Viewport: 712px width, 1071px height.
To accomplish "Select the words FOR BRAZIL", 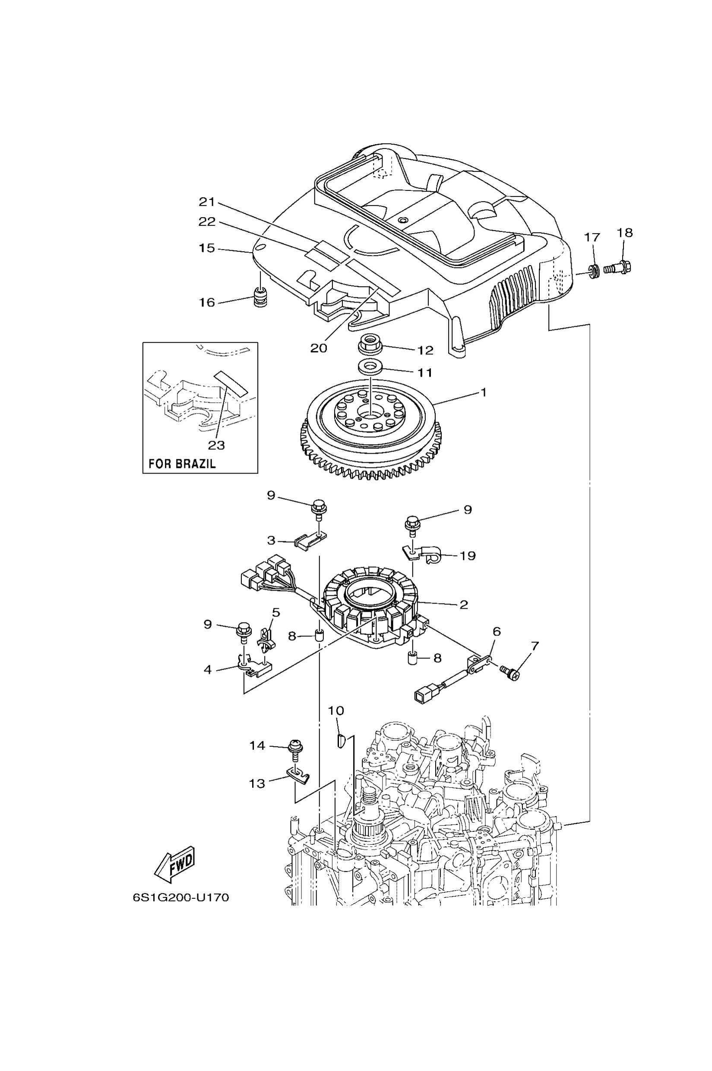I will point(182,464).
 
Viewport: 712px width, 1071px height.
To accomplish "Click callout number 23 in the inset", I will point(216,445).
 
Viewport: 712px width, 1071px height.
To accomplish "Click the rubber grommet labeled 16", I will point(260,298).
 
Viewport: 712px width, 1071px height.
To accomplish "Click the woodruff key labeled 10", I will point(341,741).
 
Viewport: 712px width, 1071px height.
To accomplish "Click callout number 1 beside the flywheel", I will point(484,392).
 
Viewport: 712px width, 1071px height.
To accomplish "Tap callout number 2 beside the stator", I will point(463,605).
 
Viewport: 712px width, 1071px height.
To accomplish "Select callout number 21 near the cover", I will point(207,202).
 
